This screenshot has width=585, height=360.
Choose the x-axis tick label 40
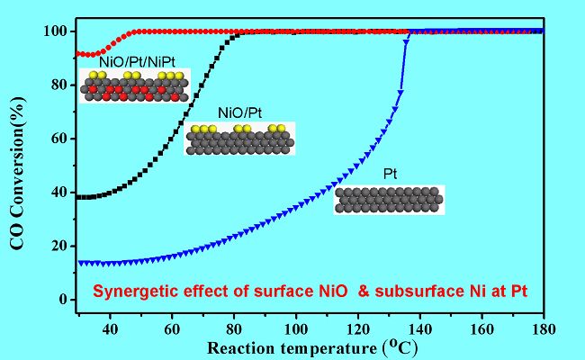111,329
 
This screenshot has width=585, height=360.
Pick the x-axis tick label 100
294,329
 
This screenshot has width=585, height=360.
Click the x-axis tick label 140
418,329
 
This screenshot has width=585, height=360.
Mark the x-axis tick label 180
543,329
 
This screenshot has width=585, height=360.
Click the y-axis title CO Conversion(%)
18,171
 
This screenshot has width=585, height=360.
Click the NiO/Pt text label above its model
238,114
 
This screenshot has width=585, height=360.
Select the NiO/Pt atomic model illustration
238,140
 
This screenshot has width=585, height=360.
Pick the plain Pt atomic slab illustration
389,199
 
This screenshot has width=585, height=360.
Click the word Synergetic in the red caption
130,292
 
